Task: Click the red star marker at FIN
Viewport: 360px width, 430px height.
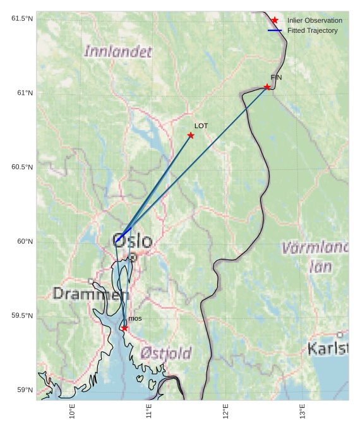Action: tap(267, 87)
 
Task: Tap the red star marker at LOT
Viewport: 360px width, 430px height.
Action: tap(191, 136)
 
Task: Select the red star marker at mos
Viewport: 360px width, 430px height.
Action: tap(124, 328)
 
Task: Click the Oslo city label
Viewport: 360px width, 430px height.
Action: tap(133, 241)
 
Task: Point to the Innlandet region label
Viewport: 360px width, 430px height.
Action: tap(118, 52)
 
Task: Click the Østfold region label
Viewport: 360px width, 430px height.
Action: tap(165, 354)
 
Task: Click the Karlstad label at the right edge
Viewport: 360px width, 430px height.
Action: tap(328, 348)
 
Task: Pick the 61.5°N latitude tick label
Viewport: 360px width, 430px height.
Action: tap(22, 18)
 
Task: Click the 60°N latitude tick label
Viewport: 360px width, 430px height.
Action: tap(25, 241)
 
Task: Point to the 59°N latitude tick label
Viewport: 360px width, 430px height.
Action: tap(25, 390)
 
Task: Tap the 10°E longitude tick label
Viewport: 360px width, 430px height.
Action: tap(73, 411)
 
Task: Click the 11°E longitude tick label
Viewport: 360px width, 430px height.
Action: tap(149, 411)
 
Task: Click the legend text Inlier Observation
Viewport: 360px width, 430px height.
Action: tap(315, 21)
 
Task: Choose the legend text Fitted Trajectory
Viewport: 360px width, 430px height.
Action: tap(312, 30)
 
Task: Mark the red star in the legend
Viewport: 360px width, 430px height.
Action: tap(275, 21)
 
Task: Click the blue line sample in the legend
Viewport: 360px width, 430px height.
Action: tap(275, 30)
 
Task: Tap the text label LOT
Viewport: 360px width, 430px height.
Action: tap(201, 126)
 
